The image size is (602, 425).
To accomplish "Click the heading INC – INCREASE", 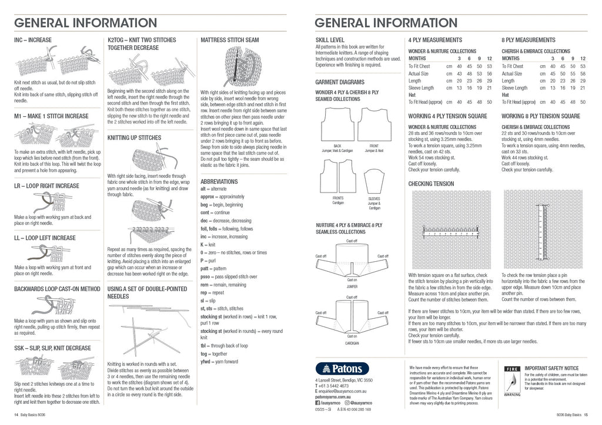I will [33, 40].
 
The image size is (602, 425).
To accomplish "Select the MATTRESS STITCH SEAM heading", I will [229, 40].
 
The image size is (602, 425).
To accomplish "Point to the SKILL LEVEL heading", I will [330, 40].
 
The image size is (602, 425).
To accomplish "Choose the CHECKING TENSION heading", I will [431, 184].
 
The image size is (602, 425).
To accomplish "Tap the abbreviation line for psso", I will [229, 276].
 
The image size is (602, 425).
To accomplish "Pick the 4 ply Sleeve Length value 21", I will [490, 88].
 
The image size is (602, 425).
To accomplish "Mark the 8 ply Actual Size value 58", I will [582, 74].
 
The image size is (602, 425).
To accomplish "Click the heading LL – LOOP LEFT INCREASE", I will [45, 238].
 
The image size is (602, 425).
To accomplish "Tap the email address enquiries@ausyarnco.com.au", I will [343, 391].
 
